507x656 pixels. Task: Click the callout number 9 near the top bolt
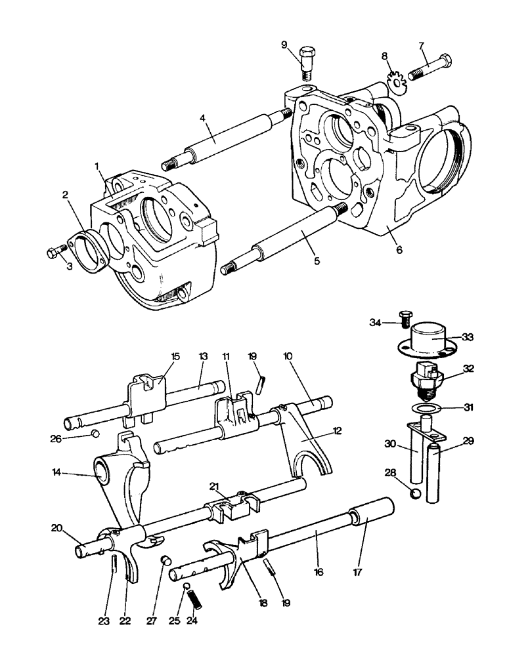pyautogui.click(x=284, y=45)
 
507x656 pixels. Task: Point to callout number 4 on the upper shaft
pyautogui.click(x=204, y=120)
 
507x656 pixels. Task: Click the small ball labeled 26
pyautogui.click(x=95, y=434)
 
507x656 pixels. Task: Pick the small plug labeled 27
pyautogui.click(x=166, y=560)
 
